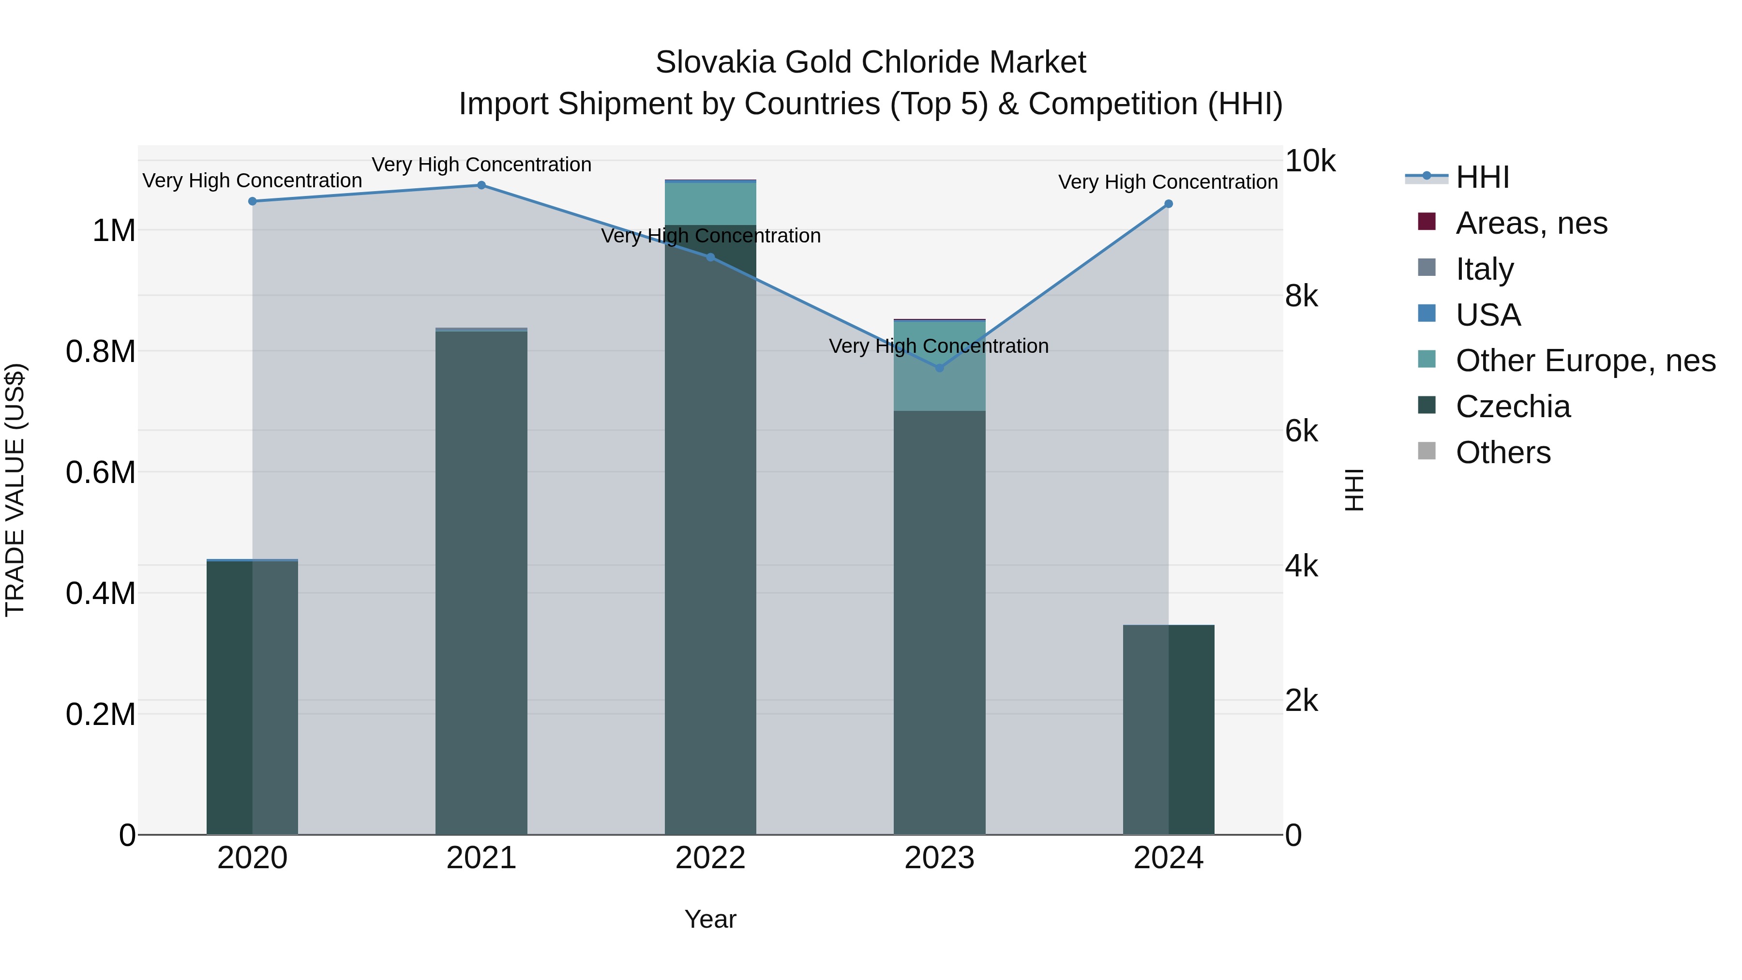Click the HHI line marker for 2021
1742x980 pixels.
[481, 185]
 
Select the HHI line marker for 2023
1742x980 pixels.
[939, 368]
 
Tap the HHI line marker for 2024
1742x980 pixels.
[1168, 204]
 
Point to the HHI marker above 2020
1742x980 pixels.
[252, 201]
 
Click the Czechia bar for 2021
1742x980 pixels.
[481, 582]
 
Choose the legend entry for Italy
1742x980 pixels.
[1485, 269]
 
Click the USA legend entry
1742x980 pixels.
[1488, 315]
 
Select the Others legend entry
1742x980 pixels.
[1502, 452]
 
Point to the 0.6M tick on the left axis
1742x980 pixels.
[101, 472]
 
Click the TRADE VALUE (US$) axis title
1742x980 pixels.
[15, 490]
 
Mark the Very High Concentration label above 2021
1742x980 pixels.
[481, 165]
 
